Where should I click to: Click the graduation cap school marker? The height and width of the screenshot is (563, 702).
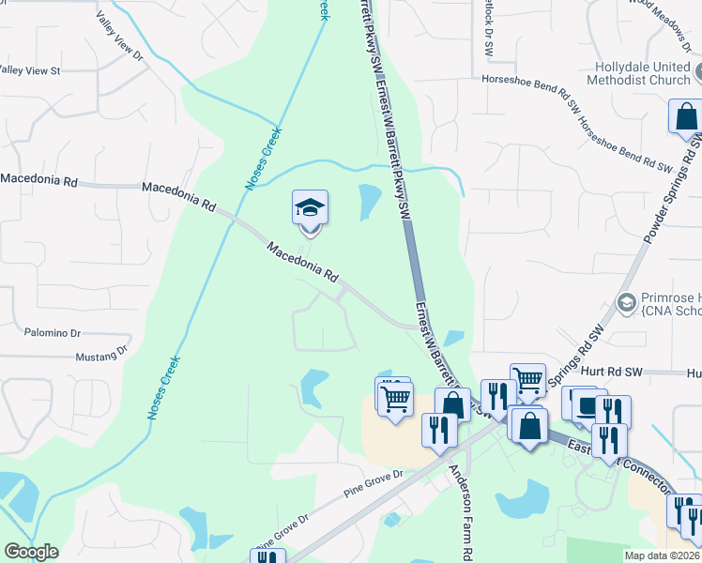(310, 207)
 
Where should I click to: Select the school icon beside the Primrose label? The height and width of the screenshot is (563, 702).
(626, 301)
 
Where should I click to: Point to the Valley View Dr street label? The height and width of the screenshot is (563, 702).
(120, 36)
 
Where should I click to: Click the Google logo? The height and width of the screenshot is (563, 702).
(31, 552)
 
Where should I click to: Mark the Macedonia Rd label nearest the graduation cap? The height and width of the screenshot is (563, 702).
(302, 264)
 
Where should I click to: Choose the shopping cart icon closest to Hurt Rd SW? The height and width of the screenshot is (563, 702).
(528, 380)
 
